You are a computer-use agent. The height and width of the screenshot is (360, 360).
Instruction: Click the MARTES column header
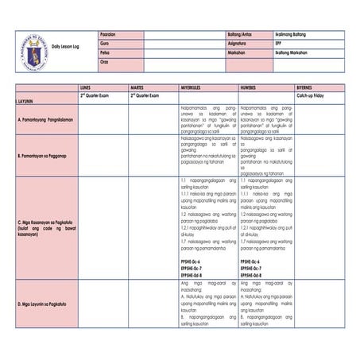click(x=137, y=84)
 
